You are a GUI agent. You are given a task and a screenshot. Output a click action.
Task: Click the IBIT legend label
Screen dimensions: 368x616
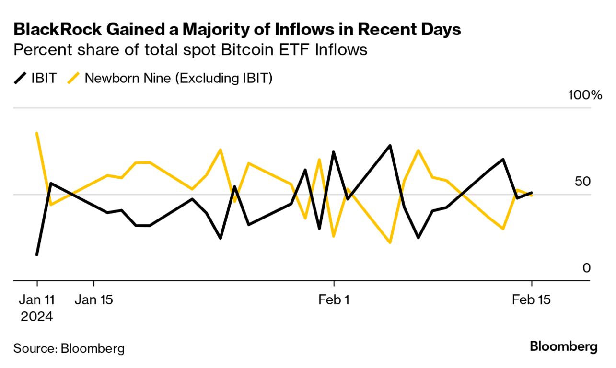(x=44, y=78)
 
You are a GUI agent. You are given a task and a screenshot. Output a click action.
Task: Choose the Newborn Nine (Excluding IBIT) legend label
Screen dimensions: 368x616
(x=178, y=78)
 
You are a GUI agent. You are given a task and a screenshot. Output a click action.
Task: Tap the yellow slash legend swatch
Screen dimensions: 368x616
(x=73, y=78)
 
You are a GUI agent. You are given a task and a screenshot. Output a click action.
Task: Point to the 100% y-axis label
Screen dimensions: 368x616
(x=584, y=95)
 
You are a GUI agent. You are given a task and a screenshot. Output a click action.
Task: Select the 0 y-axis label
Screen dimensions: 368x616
(x=586, y=268)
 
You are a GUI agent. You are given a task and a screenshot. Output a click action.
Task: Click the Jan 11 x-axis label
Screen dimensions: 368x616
(x=37, y=300)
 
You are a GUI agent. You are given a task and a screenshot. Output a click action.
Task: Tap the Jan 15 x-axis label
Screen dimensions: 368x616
(x=94, y=300)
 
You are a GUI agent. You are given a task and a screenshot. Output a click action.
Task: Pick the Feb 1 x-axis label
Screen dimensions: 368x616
(x=334, y=300)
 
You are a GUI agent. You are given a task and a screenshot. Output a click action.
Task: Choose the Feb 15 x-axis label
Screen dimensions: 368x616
(x=531, y=300)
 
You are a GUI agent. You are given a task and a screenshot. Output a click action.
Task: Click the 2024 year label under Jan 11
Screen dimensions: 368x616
(x=36, y=316)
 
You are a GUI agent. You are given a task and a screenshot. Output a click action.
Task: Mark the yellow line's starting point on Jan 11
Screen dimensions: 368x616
(x=37, y=133)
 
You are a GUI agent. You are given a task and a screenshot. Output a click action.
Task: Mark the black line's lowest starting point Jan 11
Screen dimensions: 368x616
(x=37, y=254)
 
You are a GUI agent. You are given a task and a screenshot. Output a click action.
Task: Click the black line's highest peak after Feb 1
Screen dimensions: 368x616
(x=390, y=145)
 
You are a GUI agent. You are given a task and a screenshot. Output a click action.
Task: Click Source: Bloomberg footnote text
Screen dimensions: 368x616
(x=69, y=348)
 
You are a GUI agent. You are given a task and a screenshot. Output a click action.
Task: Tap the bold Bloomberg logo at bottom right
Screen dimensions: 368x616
(x=563, y=347)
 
